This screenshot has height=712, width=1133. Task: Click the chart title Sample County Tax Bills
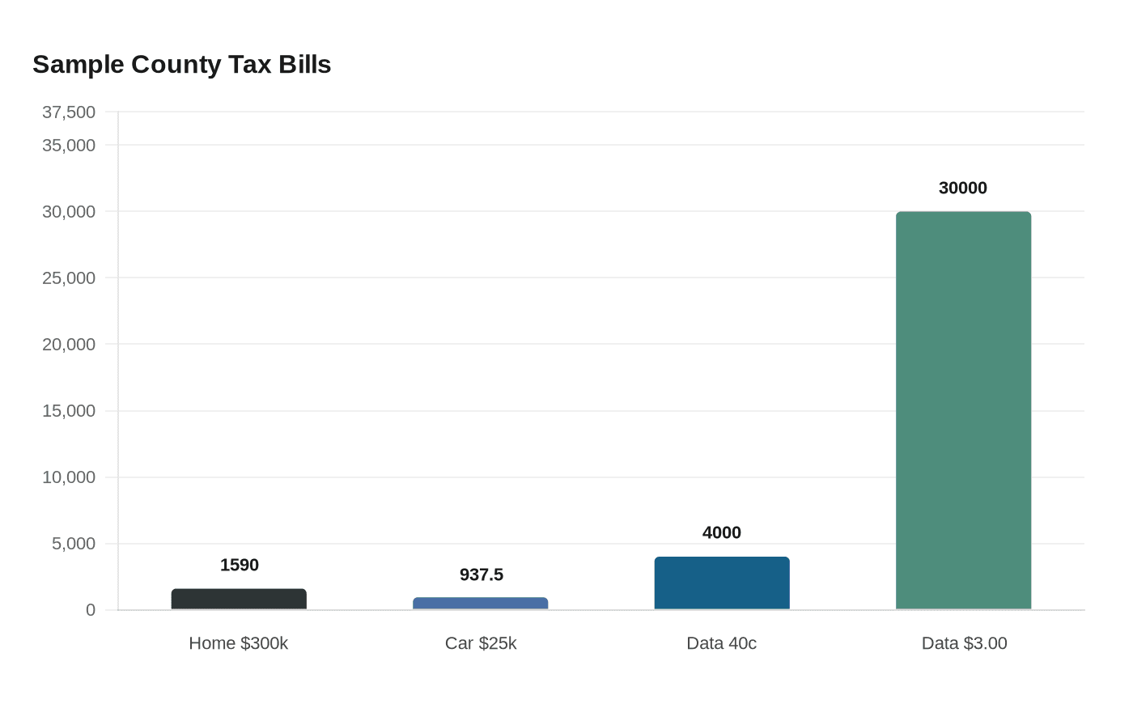(182, 65)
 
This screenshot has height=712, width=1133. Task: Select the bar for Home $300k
(239, 600)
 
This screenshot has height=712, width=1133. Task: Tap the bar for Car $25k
(481, 604)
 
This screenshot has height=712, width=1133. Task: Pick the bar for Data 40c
(722, 583)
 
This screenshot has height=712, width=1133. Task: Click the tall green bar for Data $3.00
(963, 410)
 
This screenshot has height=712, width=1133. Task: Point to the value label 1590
(240, 565)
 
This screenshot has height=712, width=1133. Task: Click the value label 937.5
(482, 574)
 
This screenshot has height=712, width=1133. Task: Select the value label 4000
(722, 532)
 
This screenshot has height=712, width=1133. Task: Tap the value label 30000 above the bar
(963, 188)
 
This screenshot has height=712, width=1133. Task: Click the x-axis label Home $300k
(239, 643)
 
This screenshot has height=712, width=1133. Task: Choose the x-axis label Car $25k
(481, 643)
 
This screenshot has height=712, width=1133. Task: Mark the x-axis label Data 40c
(722, 643)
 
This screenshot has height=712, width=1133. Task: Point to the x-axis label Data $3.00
(964, 643)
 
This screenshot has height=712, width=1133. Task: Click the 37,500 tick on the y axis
(69, 112)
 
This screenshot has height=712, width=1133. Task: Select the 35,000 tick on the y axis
(69, 145)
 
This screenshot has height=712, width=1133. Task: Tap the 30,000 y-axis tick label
(69, 211)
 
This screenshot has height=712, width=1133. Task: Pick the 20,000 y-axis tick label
(69, 344)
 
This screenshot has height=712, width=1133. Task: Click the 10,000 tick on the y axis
(69, 477)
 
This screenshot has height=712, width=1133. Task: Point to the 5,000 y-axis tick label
(74, 544)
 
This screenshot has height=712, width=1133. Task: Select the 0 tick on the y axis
(91, 610)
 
